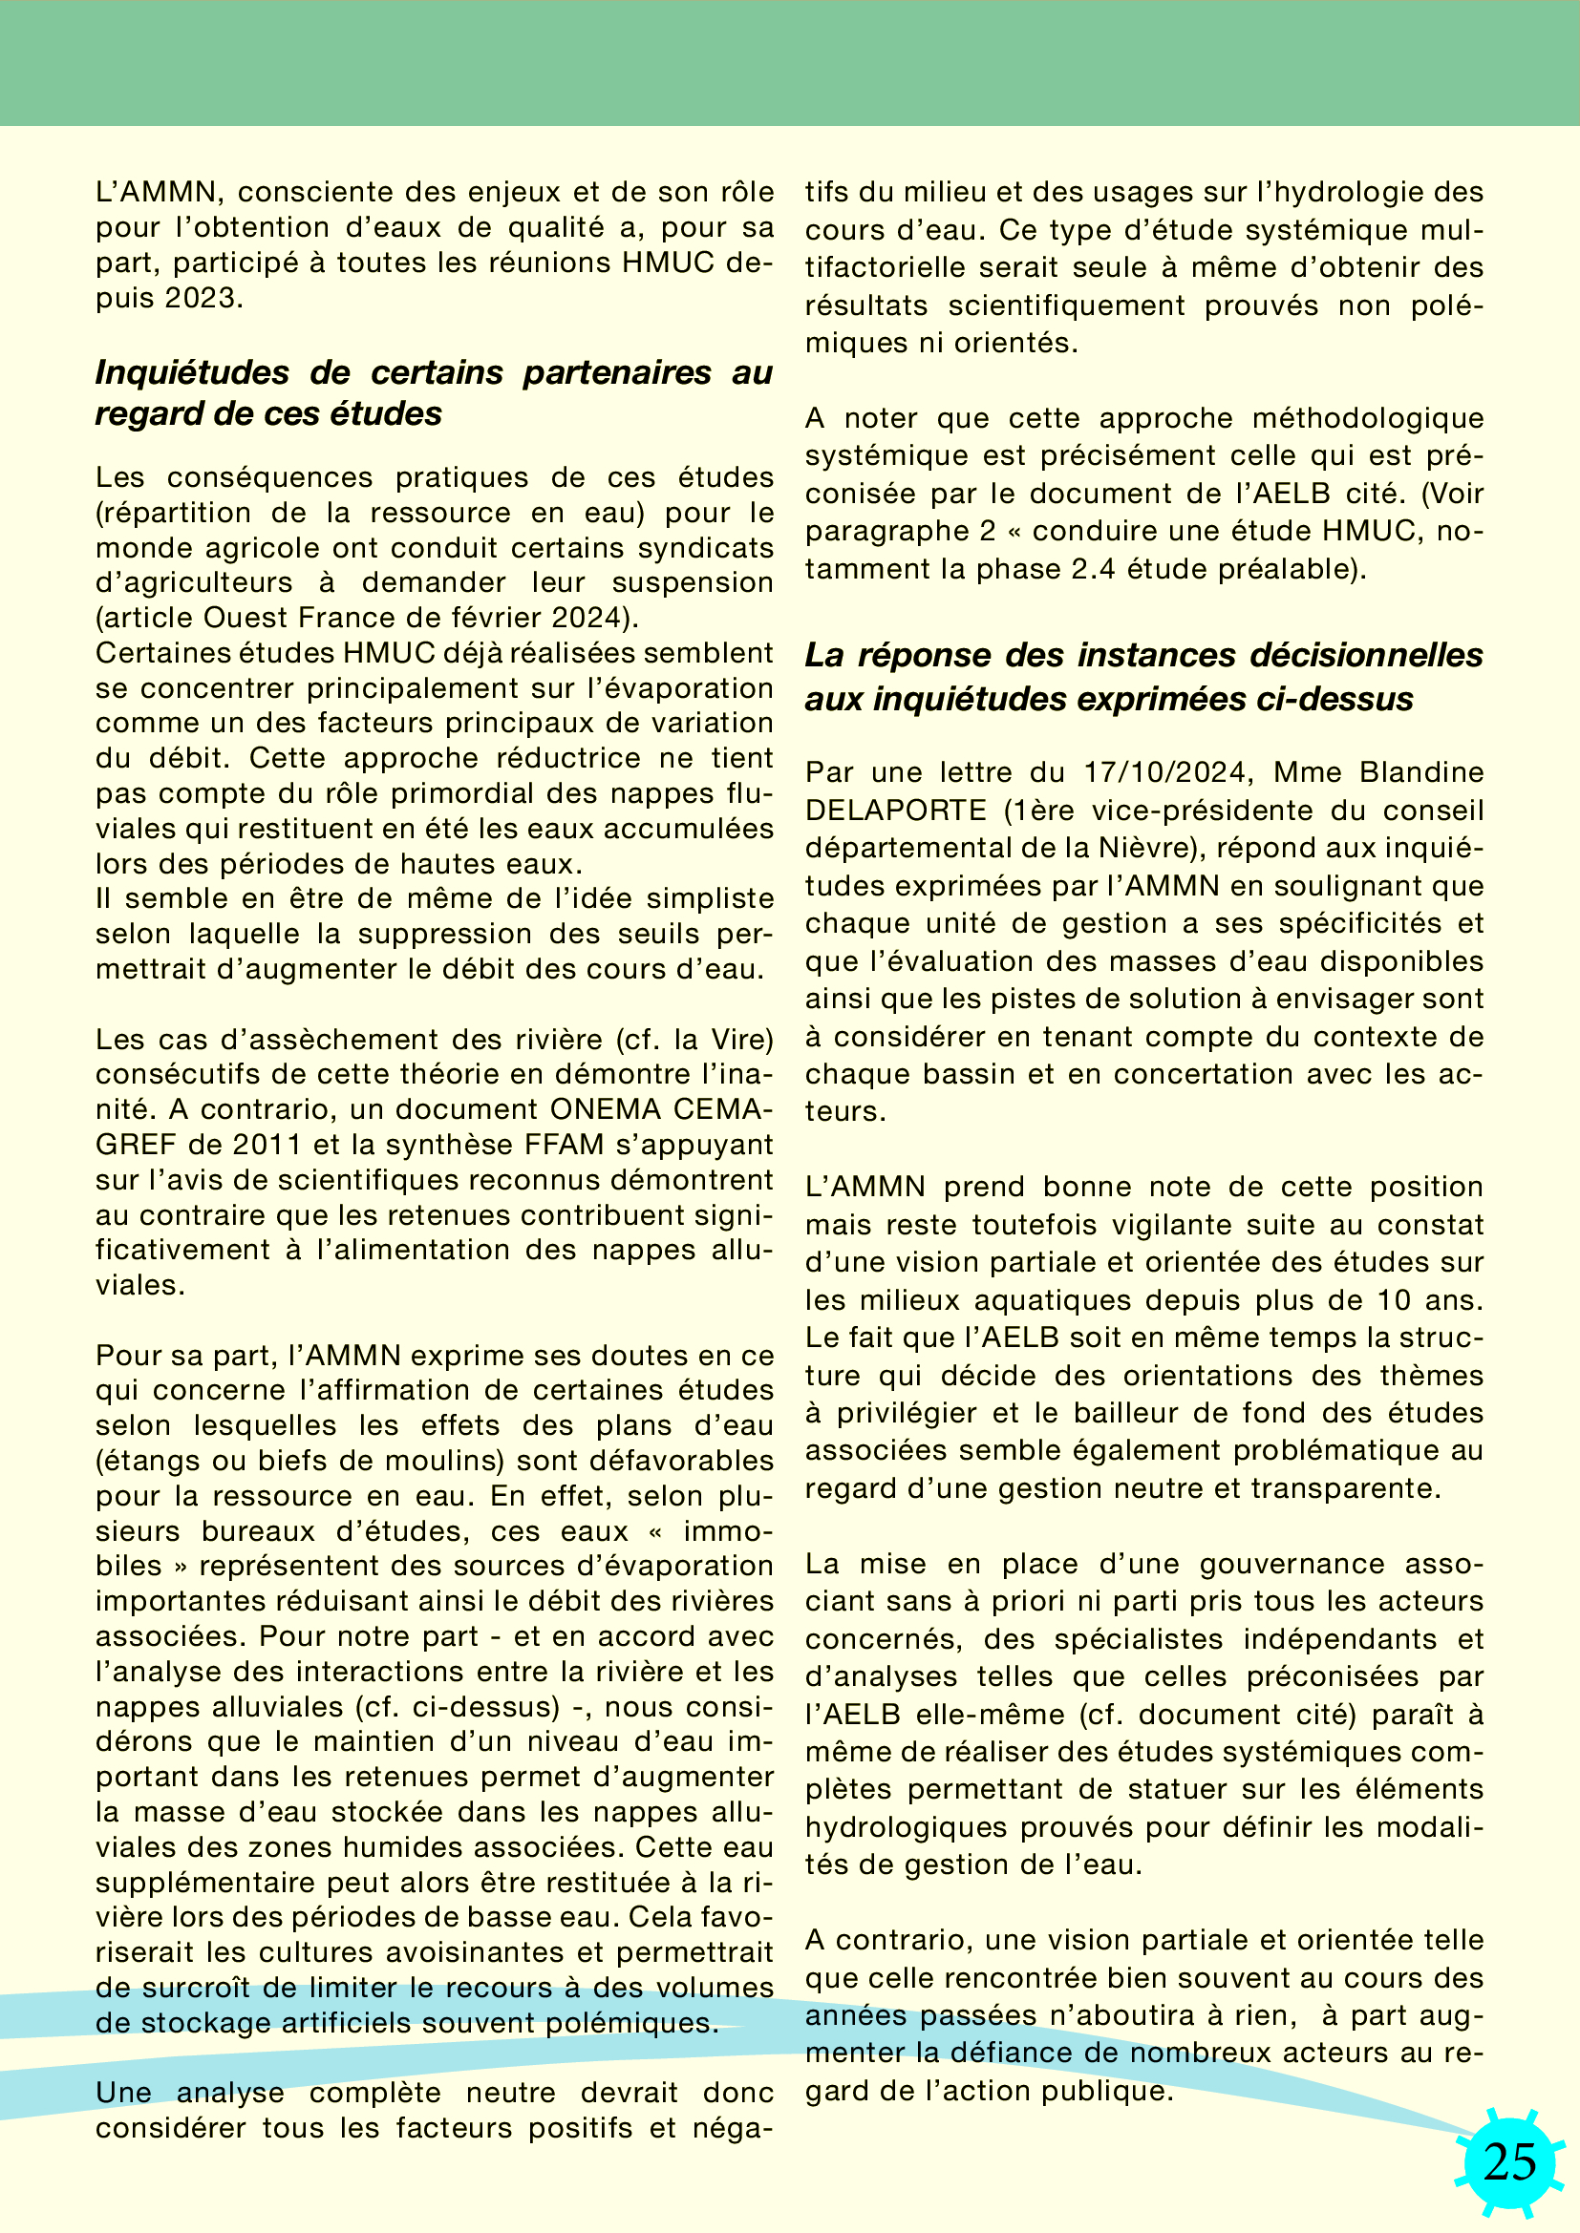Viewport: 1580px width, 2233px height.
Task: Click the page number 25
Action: (1510, 2162)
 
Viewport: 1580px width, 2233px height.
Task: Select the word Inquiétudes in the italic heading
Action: (192, 372)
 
